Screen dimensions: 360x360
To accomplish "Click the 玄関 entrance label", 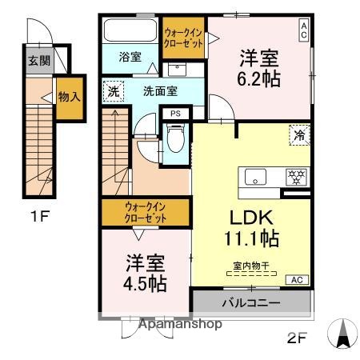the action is coord(39,61).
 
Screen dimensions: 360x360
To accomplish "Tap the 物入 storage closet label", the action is coord(70,97).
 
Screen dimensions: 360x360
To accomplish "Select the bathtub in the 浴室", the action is coord(130,30).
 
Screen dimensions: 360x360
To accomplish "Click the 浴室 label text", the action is coord(130,57).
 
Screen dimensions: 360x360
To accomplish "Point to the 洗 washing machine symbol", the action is coord(114,91).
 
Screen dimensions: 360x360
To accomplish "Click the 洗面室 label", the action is coord(160,91).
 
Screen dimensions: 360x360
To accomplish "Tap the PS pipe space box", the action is coord(175,114).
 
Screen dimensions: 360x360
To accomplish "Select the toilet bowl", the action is coord(176,138).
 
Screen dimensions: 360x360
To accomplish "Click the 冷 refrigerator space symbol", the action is coord(299,135).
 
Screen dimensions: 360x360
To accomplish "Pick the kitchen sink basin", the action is coord(255,177).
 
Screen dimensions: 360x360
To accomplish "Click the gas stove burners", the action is coord(296,177).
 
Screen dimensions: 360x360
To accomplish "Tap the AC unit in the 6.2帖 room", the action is coord(303,30).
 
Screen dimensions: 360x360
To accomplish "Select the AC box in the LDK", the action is coord(297,280).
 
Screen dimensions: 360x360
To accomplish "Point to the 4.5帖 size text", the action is coord(145,283).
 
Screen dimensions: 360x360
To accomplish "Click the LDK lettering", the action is coord(252,218).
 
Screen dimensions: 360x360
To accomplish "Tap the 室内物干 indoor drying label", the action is coord(251,266).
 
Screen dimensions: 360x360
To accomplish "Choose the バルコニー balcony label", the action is coord(251,303).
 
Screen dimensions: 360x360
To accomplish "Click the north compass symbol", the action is coord(342,334).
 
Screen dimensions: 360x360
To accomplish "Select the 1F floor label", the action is coord(40,216).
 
